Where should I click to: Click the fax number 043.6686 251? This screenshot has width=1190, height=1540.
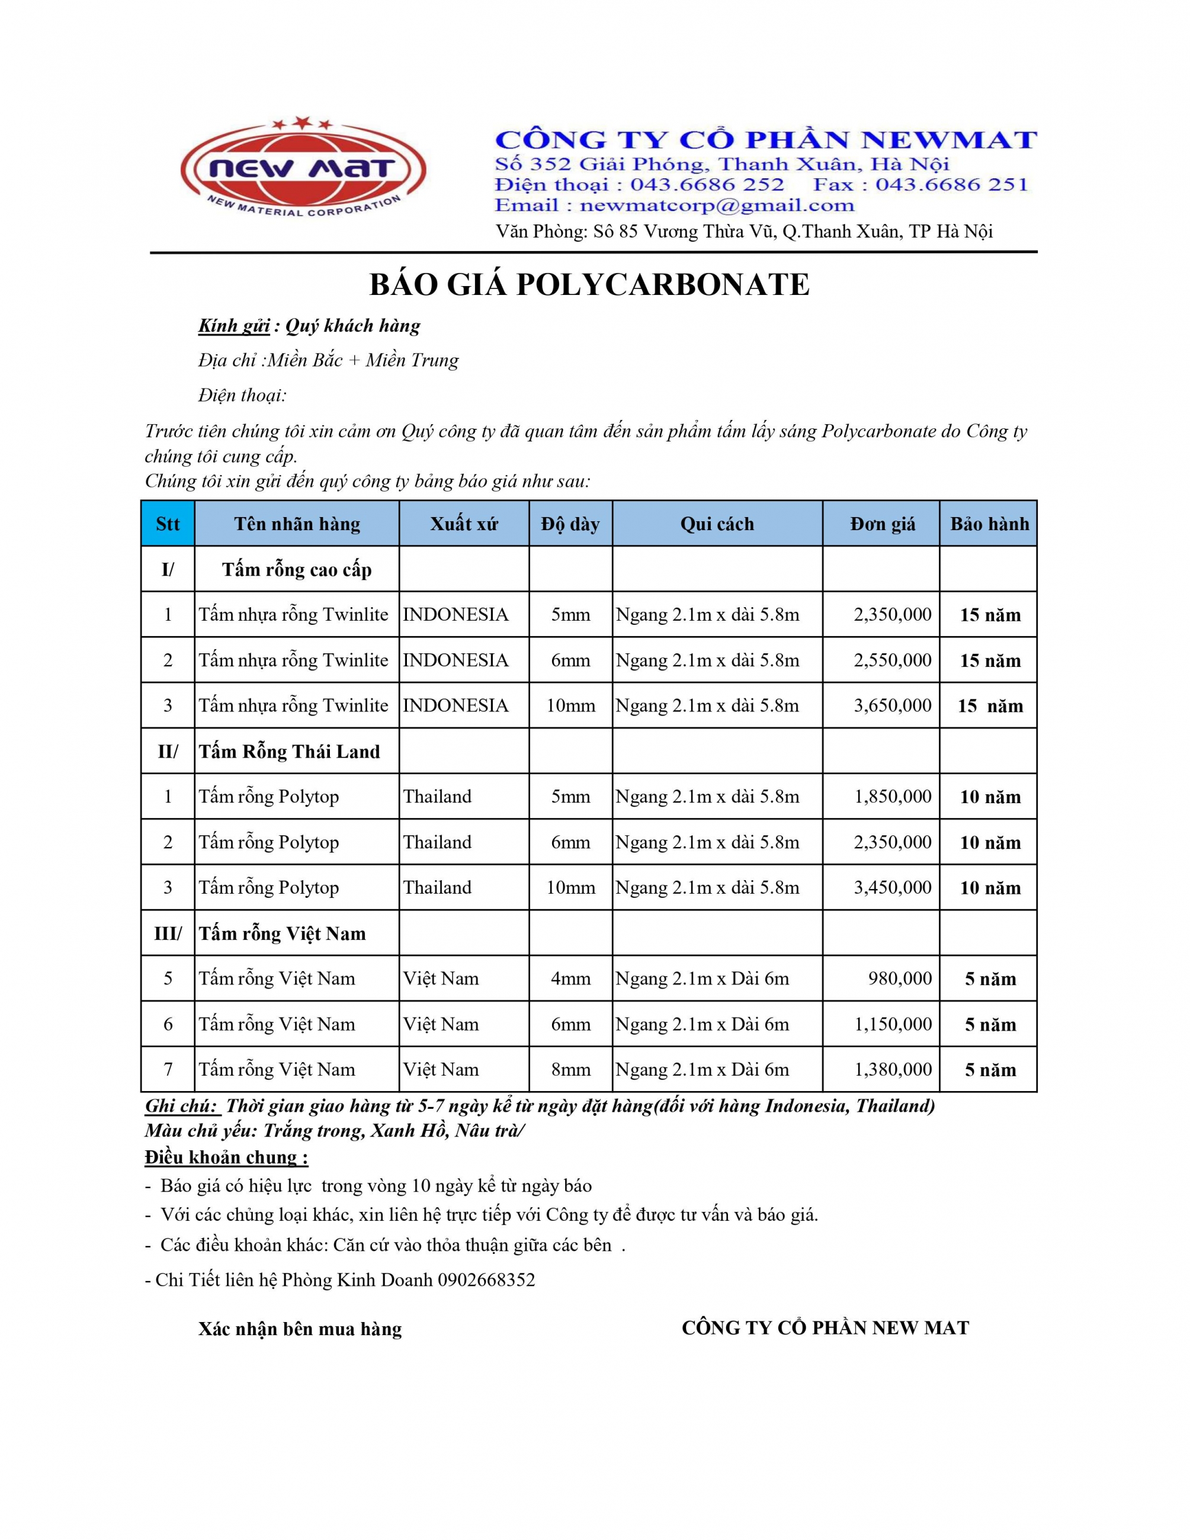tap(951, 185)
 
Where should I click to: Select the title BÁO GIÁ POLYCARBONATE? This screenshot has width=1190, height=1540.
tap(589, 285)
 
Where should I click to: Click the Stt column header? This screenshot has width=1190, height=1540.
tap(168, 524)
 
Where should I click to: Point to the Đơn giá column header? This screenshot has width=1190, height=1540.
tap(882, 524)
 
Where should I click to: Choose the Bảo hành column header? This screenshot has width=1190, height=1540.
tap(989, 524)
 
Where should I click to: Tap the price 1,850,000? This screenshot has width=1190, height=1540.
tap(893, 796)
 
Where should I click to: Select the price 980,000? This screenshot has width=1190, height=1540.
tap(900, 978)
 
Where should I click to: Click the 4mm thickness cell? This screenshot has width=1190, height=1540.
tap(570, 978)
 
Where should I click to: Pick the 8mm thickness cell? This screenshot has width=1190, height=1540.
tap(570, 1069)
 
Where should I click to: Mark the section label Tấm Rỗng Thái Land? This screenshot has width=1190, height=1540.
tap(289, 752)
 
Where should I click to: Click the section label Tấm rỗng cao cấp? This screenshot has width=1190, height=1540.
tap(297, 570)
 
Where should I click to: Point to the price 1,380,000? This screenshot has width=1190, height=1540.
tap(893, 1069)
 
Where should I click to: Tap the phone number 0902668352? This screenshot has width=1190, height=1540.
tap(486, 1280)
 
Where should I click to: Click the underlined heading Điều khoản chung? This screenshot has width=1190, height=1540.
tap(226, 1157)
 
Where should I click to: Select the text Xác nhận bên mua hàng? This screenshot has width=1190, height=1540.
tap(300, 1329)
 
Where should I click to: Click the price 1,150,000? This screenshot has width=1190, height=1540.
tap(893, 1024)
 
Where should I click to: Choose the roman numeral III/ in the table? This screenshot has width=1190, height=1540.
tap(168, 933)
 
